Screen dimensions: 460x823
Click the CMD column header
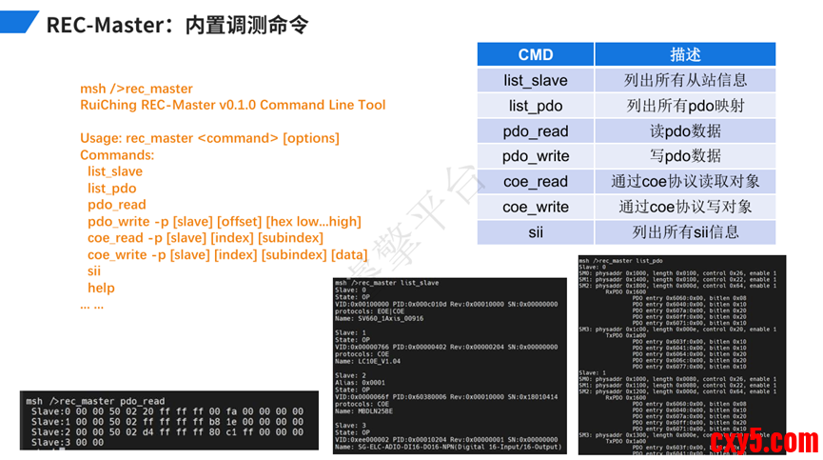click(535, 54)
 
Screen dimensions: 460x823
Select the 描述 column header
click(684, 54)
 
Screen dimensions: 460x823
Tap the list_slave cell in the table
click(535, 80)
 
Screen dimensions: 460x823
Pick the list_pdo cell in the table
click(535, 106)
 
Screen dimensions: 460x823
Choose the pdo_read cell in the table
click(535, 130)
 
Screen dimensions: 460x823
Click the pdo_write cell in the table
click(535, 155)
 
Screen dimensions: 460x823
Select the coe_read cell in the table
click(535, 181)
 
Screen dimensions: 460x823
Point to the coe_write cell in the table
click(535, 206)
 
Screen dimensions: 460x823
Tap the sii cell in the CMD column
click(535, 230)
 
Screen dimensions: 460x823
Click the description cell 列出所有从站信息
click(684, 80)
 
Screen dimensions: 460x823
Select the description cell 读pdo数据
click(684, 130)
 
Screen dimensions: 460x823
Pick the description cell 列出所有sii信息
click(684, 230)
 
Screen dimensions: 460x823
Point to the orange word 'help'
click(101, 288)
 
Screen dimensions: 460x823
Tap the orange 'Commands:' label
click(117, 154)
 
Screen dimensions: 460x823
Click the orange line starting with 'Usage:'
click(209, 138)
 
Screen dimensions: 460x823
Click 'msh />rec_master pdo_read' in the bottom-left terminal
click(95, 401)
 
